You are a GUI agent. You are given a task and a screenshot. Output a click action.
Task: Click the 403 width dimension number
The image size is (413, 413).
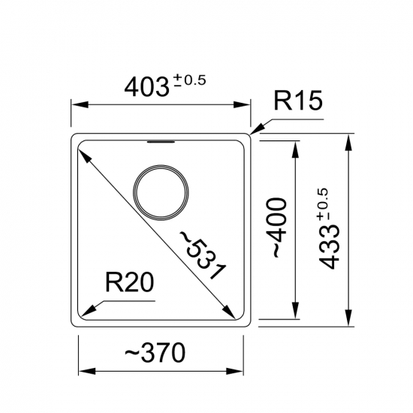[146, 87]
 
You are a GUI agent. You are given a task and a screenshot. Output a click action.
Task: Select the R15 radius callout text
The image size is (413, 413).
[298, 100]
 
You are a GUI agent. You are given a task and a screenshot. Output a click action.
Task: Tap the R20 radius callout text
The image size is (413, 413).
[129, 282]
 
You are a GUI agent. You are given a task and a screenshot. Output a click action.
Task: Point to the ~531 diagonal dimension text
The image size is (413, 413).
[202, 255]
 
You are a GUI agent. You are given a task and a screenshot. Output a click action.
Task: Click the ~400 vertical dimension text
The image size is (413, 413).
[276, 228]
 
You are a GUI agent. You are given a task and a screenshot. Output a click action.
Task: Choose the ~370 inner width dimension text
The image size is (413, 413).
[155, 352]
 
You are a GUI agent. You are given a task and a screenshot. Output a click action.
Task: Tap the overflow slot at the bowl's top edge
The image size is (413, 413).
[161, 142]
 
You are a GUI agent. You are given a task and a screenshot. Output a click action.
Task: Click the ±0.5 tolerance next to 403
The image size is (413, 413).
[190, 80]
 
